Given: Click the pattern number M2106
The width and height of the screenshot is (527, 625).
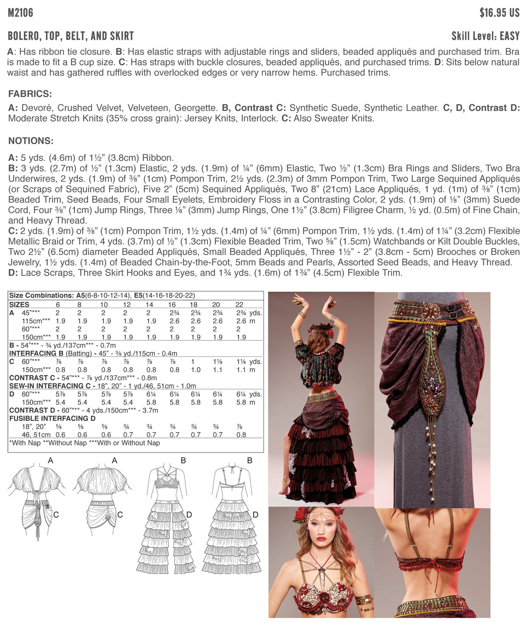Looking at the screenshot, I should pyautogui.click(x=20, y=13).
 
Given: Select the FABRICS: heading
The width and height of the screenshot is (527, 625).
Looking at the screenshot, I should pyautogui.click(x=30, y=94).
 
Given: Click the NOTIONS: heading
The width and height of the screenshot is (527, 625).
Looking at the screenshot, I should pyautogui.click(x=31, y=141).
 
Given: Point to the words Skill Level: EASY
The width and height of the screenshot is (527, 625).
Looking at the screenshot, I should pyautogui.click(x=485, y=36).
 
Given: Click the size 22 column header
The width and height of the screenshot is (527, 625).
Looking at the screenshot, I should pyautogui.click(x=239, y=305).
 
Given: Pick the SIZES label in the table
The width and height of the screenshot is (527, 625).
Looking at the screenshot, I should pyautogui.click(x=19, y=305).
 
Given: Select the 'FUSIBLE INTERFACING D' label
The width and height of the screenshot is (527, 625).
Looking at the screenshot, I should pyautogui.click(x=52, y=418).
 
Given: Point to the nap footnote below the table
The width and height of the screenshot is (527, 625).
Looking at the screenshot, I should pyautogui.click(x=84, y=443).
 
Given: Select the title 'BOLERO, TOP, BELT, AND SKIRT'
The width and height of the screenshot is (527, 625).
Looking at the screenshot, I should pyautogui.click(x=71, y=36).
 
